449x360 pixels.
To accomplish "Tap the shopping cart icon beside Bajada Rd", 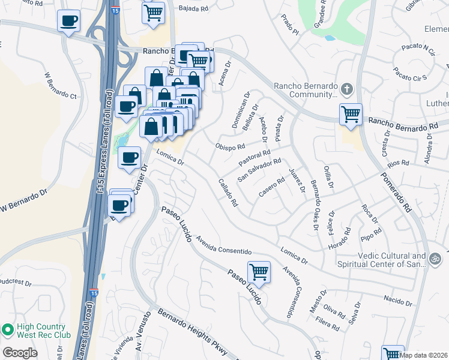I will click(x=154, y=13).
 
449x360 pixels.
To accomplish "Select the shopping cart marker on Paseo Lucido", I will click(x=259, y=272).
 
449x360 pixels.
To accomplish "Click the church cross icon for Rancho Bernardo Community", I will click(x=346, y=90).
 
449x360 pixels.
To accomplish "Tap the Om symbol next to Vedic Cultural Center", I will click(x=436, y=259).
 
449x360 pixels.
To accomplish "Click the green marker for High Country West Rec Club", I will click(x=8, y=330).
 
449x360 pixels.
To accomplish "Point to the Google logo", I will click(x=20, y=352).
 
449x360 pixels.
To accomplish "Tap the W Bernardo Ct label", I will click(x=61, y=86).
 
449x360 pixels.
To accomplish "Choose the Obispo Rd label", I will click(x=230, y=146).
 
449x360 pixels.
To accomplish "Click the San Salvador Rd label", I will click(x=259, y=170).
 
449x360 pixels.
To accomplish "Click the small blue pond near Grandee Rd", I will click(x=330, y=38).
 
